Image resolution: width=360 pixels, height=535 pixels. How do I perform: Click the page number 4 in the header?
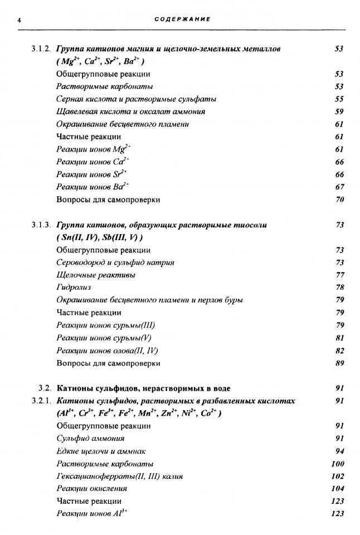pos(19,20)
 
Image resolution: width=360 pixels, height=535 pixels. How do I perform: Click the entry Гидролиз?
pos(74,288)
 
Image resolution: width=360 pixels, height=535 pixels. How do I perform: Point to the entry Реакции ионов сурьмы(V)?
pos(101,338)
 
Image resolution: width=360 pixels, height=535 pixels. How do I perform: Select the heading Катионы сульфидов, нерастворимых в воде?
pos(144,388)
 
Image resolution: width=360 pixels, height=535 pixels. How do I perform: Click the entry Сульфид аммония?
pos(90,439)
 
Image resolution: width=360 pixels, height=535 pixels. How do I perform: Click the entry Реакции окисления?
pos(92,489)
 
